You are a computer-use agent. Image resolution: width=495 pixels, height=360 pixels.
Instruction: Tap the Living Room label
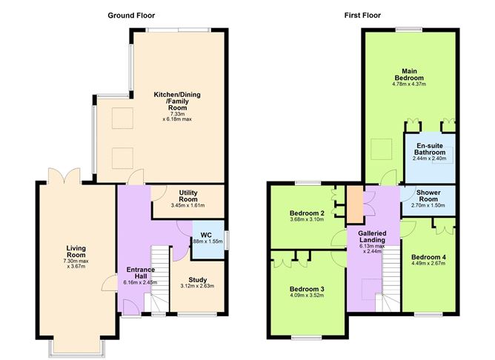(76, 252)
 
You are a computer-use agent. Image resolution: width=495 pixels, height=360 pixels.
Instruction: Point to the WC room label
(206, 236)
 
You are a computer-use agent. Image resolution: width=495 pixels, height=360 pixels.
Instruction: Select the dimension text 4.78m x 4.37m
(409, 84)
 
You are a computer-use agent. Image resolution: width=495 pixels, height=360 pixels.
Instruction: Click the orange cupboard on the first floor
(355, 204)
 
